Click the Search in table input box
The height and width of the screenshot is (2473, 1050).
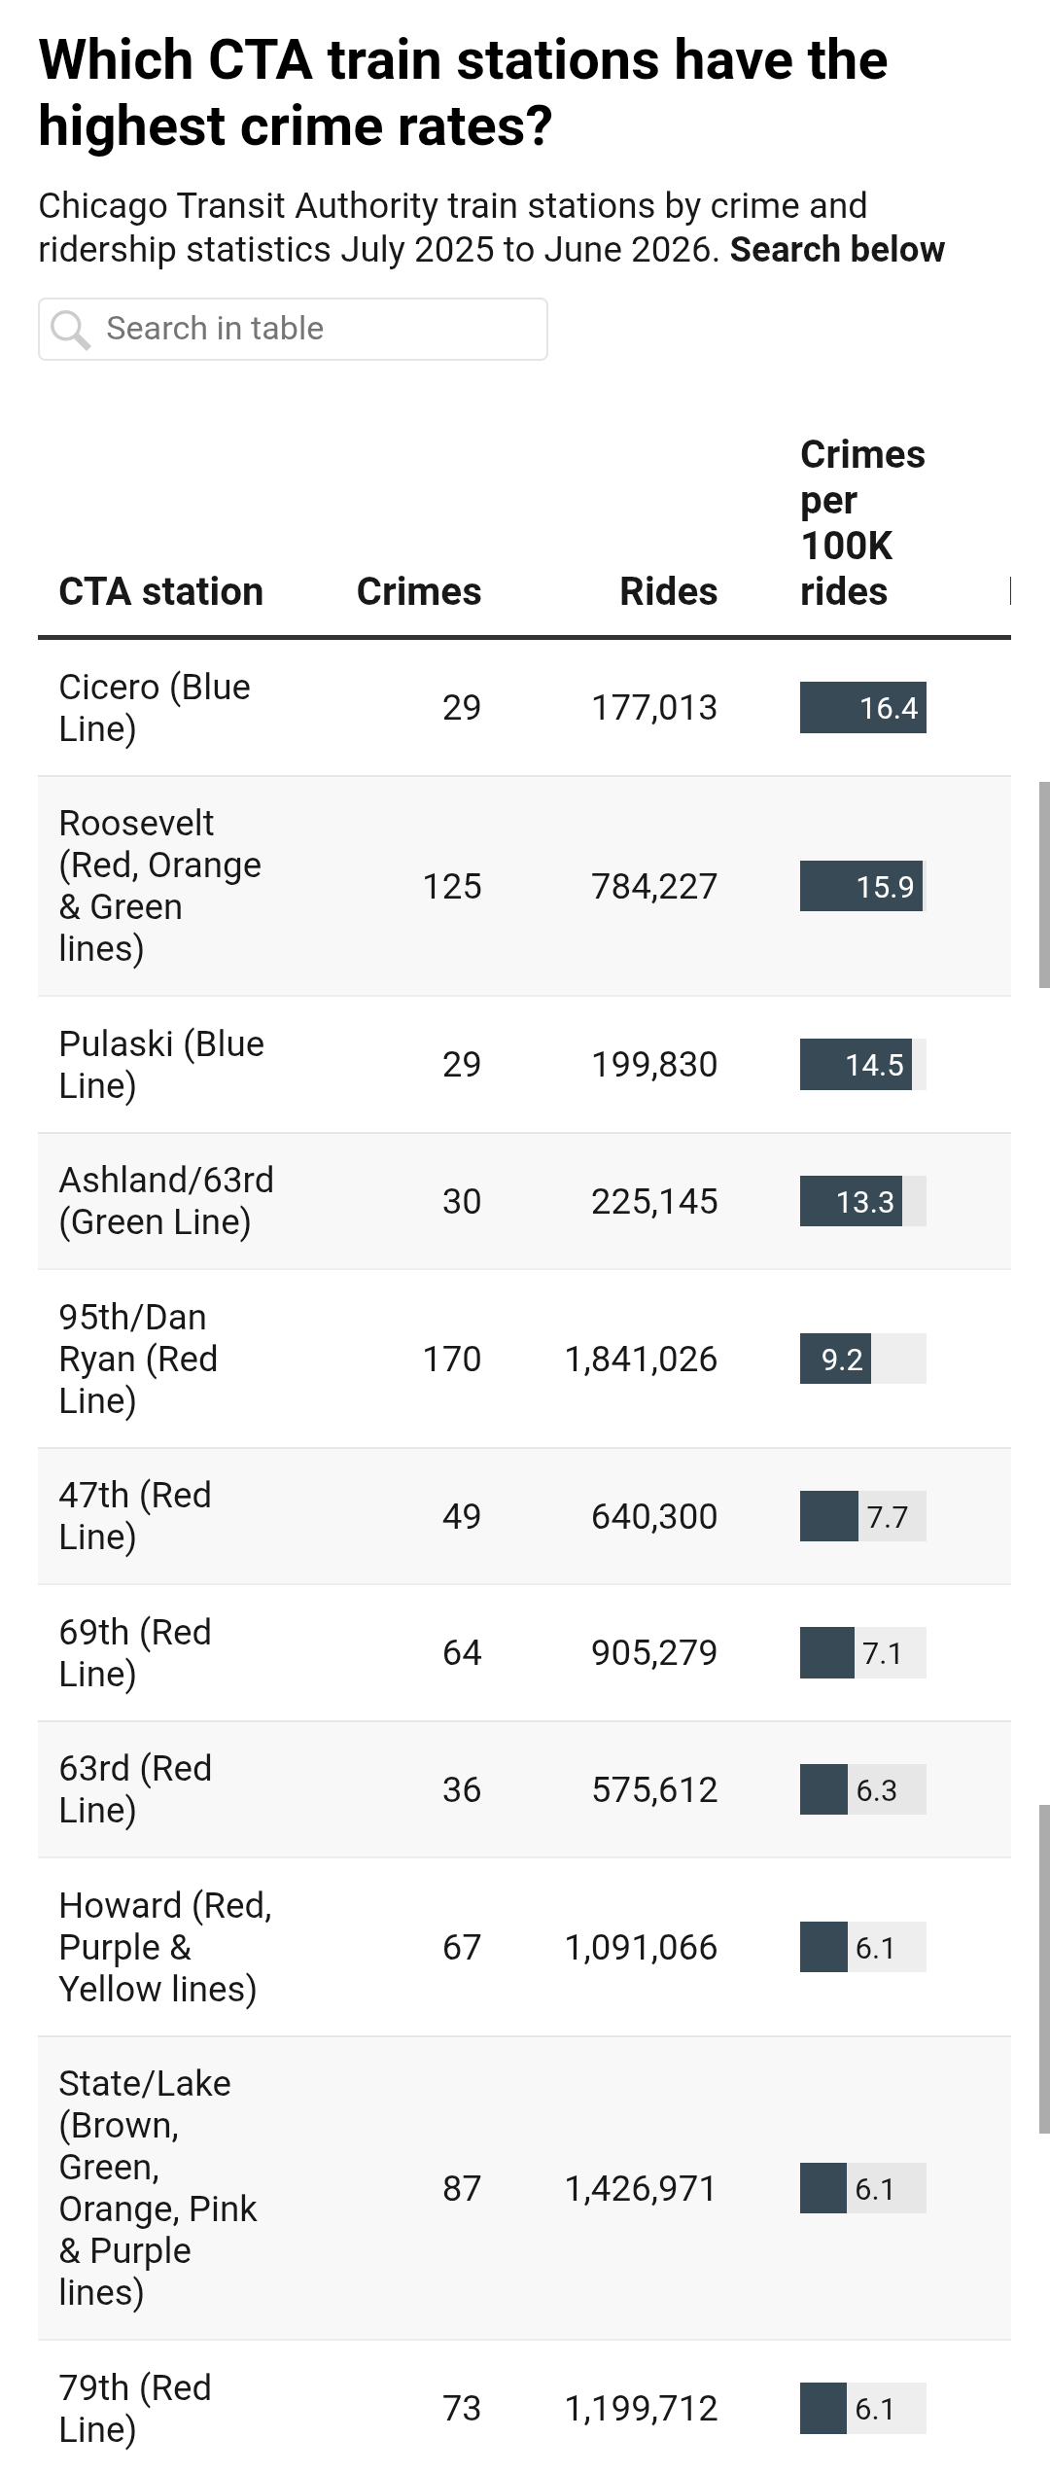tap(293, 329)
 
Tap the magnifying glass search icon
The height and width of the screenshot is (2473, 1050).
tap(71, 330)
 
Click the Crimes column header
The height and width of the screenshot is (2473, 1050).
tap(419, 591)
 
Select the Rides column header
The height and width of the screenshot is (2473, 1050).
tap(669, 591)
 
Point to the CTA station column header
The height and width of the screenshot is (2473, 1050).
tap(161, 591)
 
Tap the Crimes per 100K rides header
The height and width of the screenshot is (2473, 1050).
tap(862, 523)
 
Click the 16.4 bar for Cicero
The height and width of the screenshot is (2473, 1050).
tap(862, 707)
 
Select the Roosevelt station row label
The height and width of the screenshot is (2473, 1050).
tap(160, 885)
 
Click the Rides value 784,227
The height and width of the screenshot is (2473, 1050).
tap(654, 886)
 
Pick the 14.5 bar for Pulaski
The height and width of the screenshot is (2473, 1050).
tap(856, 1064)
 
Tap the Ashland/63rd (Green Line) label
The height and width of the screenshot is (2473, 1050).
tap(166, 1200)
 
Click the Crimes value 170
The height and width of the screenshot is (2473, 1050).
tap(452, 1359)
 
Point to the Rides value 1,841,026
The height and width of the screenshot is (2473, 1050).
tap(641, 1359)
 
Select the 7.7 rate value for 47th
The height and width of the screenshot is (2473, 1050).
tap(887, 1517)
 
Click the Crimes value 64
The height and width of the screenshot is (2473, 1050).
tap(462, 1652)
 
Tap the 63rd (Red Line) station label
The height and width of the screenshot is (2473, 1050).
tap(135, 1788)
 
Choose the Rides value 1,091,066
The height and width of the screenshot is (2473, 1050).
tap(641, 1947)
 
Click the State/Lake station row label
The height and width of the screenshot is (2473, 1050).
tap(157, 2188)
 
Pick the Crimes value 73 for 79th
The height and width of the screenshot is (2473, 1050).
tap(462, 2408)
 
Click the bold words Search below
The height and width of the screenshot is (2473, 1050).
tap(837, 249)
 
